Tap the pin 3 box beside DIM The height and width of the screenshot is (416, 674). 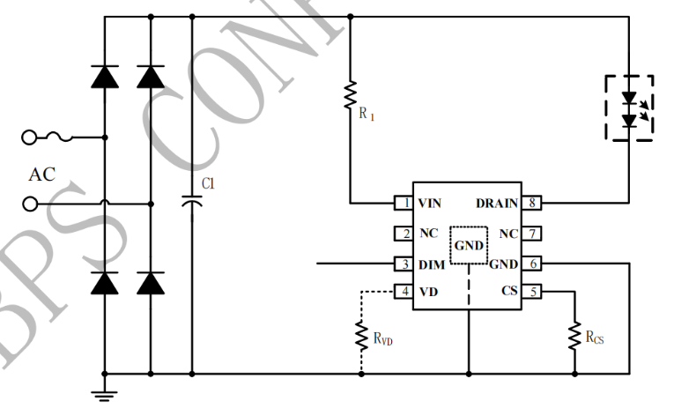[x=404, y=264]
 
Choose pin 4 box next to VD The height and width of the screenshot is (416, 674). [x=404, y=291]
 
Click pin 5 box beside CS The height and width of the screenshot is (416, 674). [x=533, y=291]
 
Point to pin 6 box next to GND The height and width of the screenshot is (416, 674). [x=533, y=264]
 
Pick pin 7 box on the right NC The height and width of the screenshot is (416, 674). [x=533, y=234]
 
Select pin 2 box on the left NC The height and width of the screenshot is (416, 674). [x=404, y=234]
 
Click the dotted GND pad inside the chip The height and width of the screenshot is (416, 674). [x=469, y=245]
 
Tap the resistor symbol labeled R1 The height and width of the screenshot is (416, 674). [x=351, y=93]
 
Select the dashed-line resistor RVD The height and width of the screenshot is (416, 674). [x=361, y=334]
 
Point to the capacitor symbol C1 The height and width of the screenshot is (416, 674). [x=192, y=200]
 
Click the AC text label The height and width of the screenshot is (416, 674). [x=41, y=175]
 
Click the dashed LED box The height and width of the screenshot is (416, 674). [x=628, y=108]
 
